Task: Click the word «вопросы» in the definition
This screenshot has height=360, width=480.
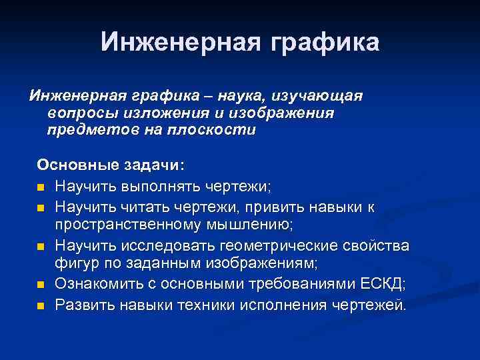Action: point(79,113)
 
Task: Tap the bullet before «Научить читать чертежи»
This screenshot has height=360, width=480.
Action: point(41,209)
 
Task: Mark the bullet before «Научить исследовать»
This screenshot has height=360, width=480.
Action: point(41,247)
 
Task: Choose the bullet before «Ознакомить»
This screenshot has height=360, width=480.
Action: point(41,286)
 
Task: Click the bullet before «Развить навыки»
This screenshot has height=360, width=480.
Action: point(41,306)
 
